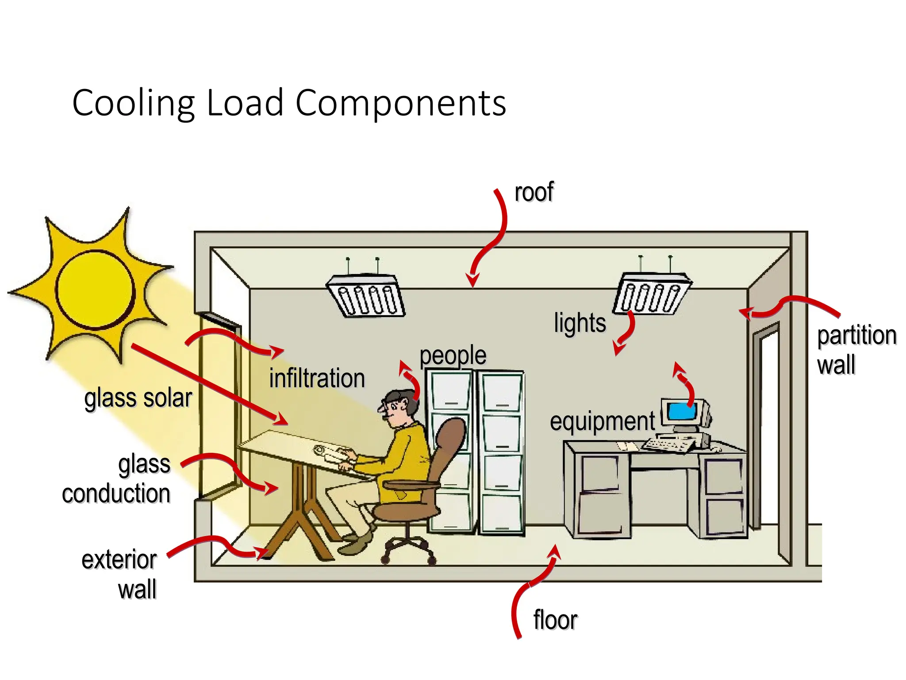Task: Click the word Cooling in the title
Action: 133,104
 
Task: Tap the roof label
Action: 534,192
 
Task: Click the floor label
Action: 555,620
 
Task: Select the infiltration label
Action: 317,379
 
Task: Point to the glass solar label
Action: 138,398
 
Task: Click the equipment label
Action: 602,421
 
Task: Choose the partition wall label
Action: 856,350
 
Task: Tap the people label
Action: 453,355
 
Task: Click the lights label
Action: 580,323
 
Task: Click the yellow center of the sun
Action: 96,290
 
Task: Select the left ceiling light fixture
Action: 366,296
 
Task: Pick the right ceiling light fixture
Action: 651,293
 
